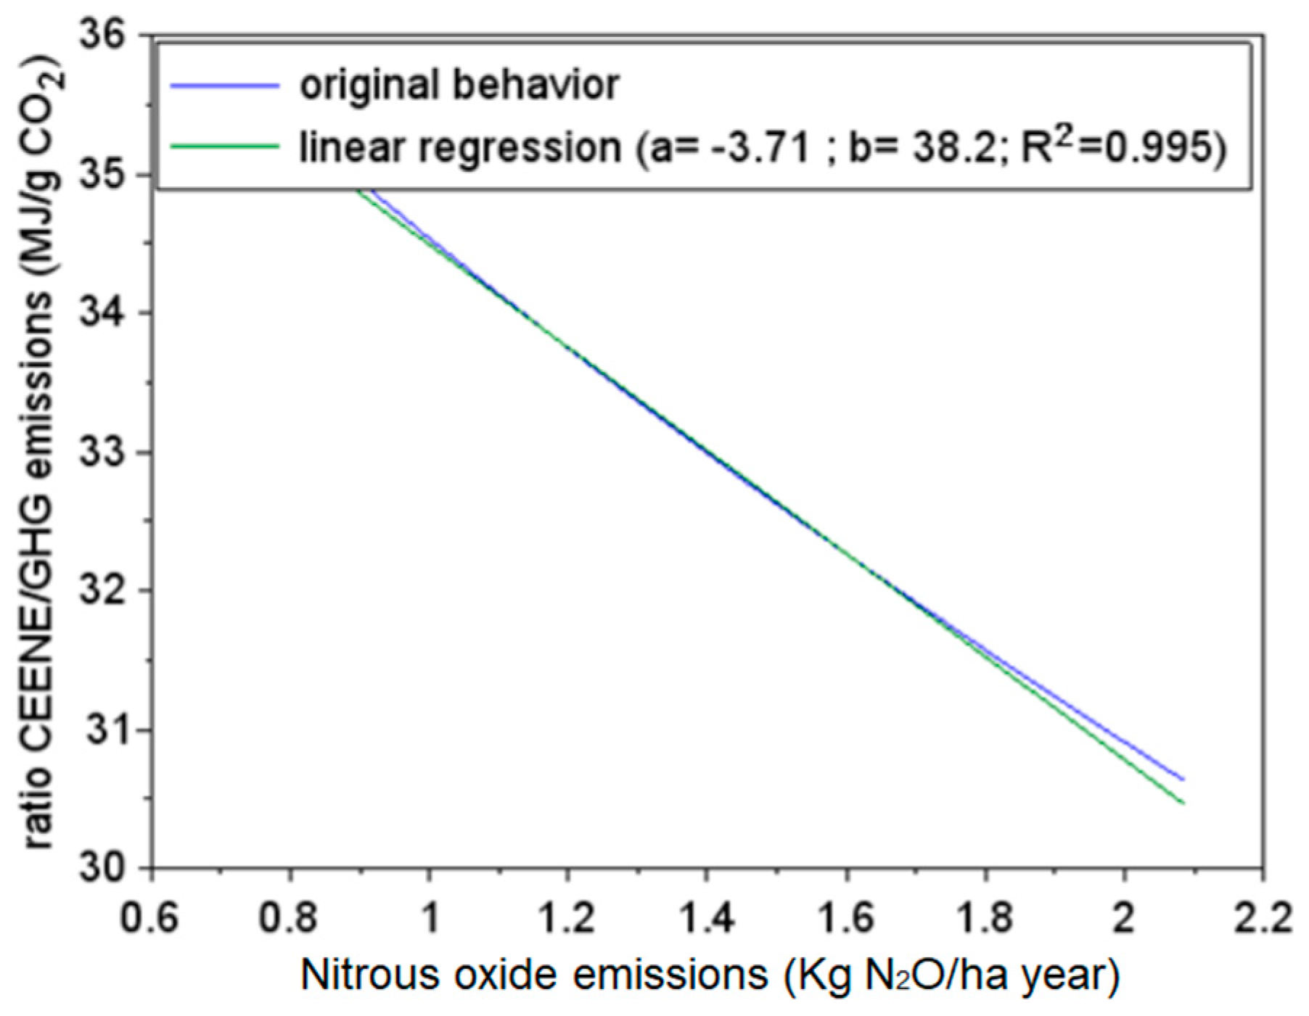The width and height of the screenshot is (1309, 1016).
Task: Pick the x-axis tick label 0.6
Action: tap(149, 918)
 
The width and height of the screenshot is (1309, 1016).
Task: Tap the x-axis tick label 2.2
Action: tap(1262, 918)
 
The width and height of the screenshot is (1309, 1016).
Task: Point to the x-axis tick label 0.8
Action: tap(289, 918)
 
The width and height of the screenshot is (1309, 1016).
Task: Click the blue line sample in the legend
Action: tap(224, 86)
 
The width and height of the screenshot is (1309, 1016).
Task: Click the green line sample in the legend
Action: tap(224, 146)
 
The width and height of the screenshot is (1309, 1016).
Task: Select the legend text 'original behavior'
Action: tap(459, 86)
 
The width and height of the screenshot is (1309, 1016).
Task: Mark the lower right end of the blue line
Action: tap(1183, 780)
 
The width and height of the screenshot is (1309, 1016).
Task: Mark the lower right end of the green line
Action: tap(1183, 803)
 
